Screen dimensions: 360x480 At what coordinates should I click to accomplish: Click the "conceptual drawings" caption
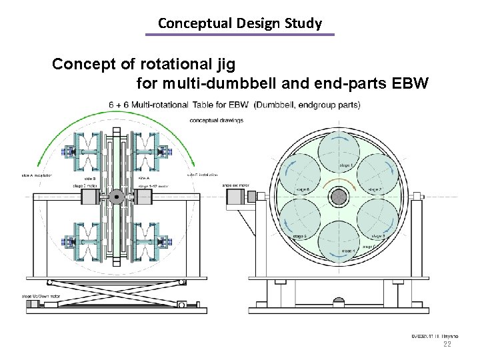(x=217, y=120)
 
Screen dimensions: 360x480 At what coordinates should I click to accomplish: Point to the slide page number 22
(x=447, y=344)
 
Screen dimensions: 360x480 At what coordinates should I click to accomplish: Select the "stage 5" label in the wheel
(x=299, y=235)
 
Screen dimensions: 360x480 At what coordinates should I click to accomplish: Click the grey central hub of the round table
(x=339, y=196)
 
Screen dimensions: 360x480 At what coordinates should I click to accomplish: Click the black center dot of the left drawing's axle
(x=117, y=197)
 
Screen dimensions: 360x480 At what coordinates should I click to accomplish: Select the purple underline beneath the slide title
(x=240, y=35)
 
